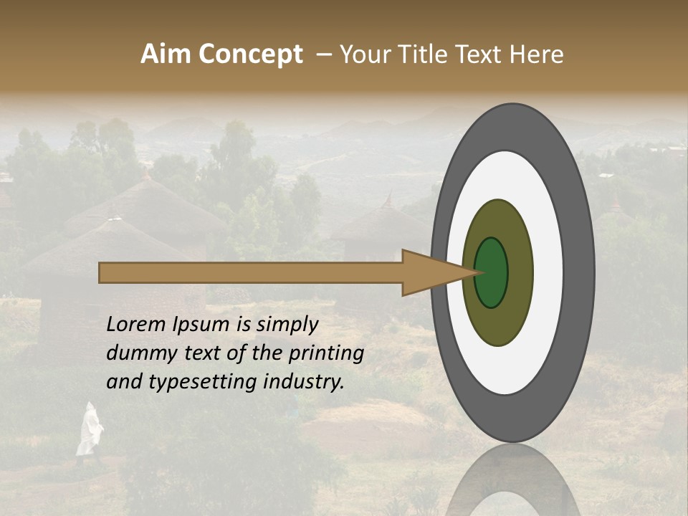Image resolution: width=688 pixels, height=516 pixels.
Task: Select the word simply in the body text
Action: point(287,324)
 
